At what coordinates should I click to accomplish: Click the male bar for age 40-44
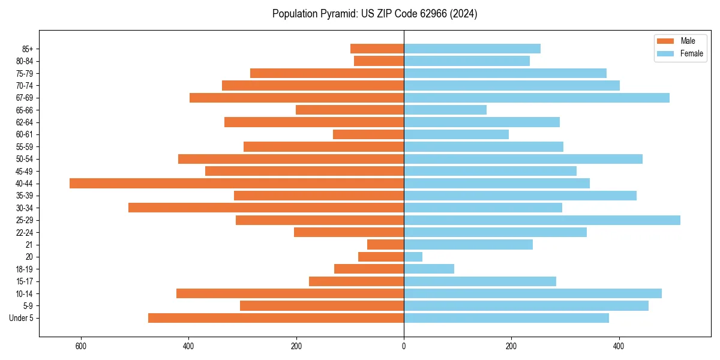tap(237, 183)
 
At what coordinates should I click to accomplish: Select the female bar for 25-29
tap(542, 220)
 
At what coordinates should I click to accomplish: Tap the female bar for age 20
tap(413, 257)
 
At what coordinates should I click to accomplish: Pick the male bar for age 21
tap(385, 244)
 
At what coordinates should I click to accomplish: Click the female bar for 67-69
tap(536, 98)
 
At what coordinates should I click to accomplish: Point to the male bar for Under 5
tap(276, 318)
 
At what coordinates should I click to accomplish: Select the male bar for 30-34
tap(266, 208)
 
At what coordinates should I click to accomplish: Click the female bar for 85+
tap(472, 49)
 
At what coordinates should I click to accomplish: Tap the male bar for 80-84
tap(379, 61)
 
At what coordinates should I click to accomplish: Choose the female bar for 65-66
tap(445, 110)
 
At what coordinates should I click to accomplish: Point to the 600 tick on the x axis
tap(81, 346)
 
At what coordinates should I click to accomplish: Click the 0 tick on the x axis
tap(404, 346)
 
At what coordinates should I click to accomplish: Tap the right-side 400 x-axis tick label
tap(619, 346)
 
